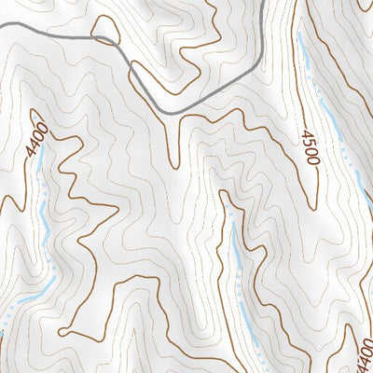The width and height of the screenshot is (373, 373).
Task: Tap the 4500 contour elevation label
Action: coord(311,148)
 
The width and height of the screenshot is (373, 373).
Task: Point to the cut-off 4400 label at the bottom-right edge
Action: coord(365,355)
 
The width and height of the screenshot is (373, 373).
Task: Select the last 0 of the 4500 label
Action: coord(313,162)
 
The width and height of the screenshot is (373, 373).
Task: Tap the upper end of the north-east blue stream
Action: coord(300,37)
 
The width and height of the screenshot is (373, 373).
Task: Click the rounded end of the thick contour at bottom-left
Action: coord(62,331)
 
